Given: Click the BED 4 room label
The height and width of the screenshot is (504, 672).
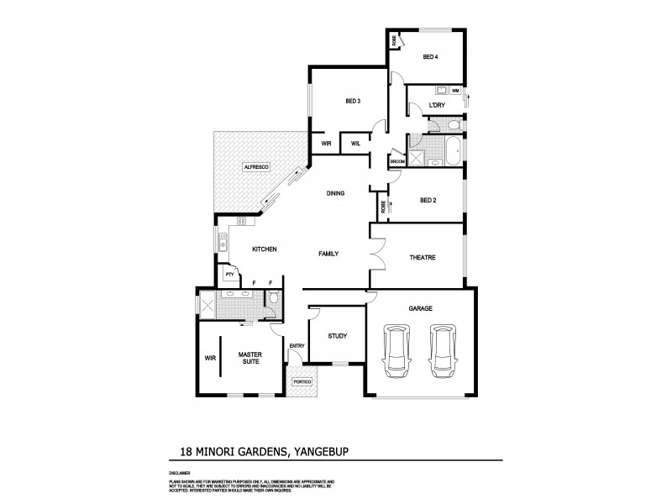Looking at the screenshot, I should coord(429,57).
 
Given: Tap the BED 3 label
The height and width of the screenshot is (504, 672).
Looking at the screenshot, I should coord(353,102).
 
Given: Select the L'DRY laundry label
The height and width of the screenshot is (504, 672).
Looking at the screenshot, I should coord(436,105).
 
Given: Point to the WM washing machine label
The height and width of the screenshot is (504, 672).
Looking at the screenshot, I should coord(455,90).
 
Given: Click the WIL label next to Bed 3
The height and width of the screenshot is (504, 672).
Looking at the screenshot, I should coord(355,144).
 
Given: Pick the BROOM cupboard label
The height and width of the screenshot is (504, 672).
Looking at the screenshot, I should coord(396,160).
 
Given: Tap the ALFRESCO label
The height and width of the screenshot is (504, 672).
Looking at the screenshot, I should coord(255,168).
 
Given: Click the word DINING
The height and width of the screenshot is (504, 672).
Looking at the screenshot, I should coord(336,194).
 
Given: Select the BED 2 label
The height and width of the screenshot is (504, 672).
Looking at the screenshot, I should coord(428,200).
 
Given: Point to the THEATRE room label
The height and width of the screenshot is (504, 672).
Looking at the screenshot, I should coord(422,257).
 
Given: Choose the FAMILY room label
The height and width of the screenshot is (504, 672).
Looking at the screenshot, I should coord(328,253).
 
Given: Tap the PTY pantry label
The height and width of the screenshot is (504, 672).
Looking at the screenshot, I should coord(228,274).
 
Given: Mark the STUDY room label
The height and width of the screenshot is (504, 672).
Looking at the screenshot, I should coord(338,337).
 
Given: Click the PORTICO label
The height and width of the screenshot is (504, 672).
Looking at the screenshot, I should coord(302,382).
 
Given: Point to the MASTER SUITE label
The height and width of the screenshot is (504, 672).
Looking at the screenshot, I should coord(250,359).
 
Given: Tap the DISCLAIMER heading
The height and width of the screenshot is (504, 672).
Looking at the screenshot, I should coord(180,472).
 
